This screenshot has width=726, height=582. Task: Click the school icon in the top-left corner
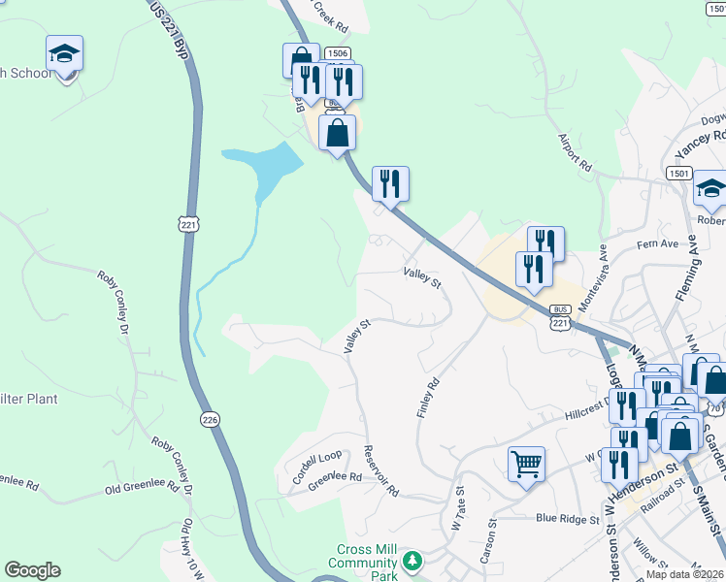pos(64,53)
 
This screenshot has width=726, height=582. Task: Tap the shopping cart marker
pos(526,464)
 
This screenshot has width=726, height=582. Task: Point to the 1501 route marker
pos(678,173)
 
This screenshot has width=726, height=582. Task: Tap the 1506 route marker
pos(337,55)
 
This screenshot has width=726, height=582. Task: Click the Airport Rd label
pos(575,151)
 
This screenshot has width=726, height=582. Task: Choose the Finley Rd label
pos(428,398)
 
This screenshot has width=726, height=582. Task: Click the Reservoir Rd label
pos(380,471)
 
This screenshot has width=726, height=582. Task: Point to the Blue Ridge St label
pos(568,519)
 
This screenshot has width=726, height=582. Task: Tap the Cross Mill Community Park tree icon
pos(413,561)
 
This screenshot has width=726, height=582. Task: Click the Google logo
pos(33,570)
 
